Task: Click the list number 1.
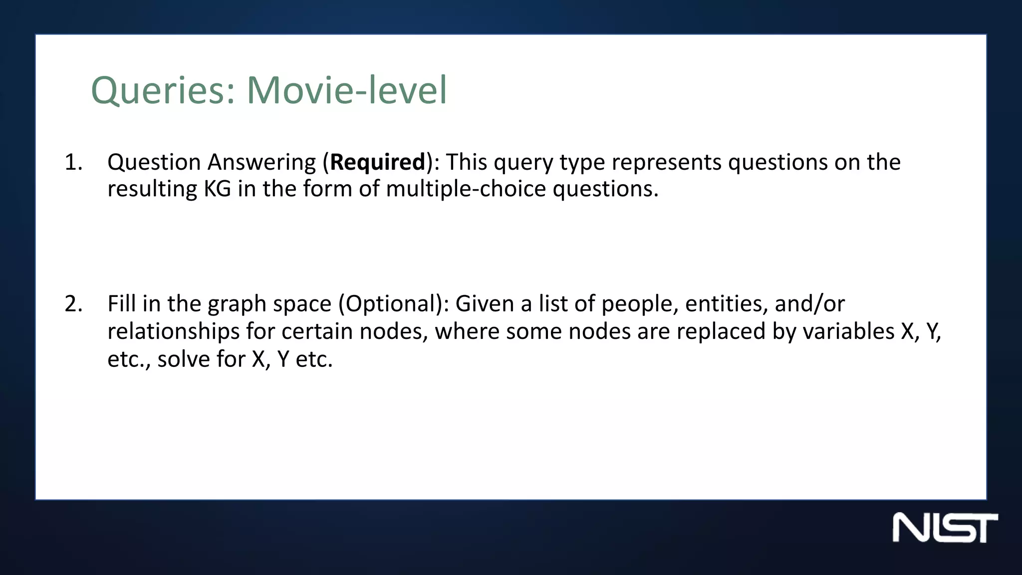[x=73, y=162]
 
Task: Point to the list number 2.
[x=73, y=304]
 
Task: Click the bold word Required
[x=377, y=162]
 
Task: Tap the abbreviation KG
[x=217, y=189]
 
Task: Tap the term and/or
[x=809, y=304]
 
